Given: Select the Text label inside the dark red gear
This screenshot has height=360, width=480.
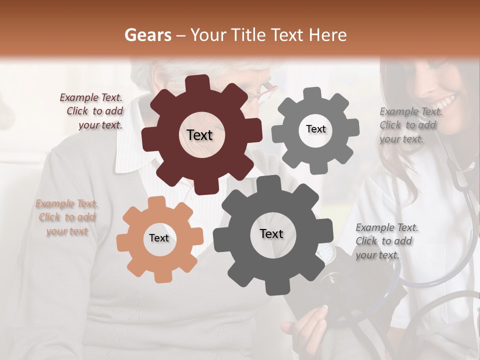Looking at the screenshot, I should click(199, 135).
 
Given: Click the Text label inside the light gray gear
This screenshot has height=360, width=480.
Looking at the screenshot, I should click(315, 129).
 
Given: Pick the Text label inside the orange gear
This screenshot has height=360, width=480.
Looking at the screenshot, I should click(159, 238).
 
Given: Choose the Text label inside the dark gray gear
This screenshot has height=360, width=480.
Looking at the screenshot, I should click(271, 233).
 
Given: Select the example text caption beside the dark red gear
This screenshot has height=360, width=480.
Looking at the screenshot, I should click(92, 111).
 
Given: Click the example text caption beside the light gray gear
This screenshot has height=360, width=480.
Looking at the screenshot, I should click(408, 125).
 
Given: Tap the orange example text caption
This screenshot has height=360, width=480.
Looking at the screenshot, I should click(66, 217).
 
